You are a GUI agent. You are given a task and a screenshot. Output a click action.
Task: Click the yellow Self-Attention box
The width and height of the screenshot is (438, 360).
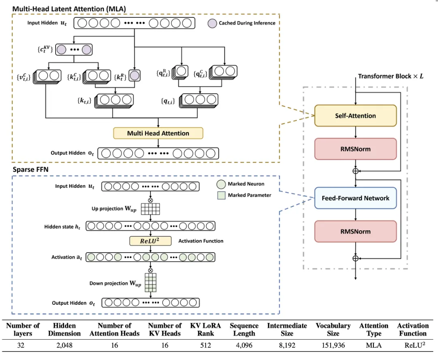(355, 116)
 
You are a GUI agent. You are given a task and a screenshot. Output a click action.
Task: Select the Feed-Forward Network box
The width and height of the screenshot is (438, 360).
(355, 198)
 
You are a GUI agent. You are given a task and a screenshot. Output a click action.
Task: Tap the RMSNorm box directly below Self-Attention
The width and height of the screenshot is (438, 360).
(355, 149)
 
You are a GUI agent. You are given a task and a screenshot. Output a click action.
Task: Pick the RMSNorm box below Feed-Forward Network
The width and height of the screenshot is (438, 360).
(355, 231)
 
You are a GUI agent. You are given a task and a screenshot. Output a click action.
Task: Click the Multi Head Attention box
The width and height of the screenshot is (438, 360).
(158, 133)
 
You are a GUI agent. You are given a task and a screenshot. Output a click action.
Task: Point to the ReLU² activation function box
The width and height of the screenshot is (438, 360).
(150, 241)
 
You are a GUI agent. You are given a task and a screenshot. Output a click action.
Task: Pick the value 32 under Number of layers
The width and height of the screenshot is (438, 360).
(23, 346)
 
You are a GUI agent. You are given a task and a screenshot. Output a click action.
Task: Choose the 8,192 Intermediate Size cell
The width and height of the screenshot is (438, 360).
(287, 346)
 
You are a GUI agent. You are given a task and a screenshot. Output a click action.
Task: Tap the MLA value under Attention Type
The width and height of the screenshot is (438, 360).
(374, 346)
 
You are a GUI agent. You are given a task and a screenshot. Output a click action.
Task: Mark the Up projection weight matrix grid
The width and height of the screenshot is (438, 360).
(150, 208)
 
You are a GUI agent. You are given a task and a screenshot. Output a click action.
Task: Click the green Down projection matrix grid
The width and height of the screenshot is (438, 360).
(150, 283)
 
